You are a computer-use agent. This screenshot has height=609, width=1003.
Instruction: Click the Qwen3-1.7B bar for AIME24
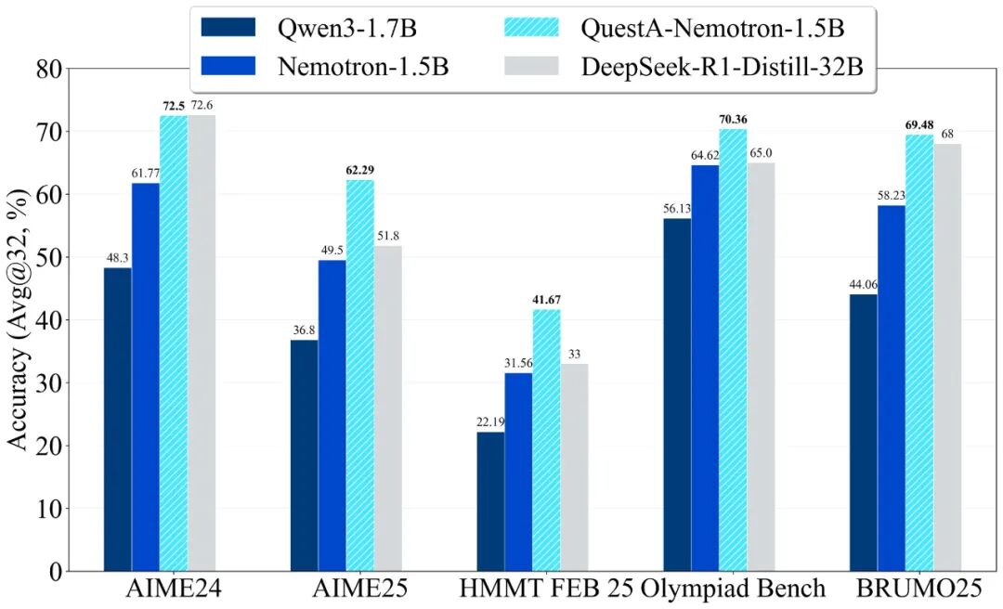(118, 419)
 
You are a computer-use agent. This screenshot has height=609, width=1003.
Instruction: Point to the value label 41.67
(546, 300)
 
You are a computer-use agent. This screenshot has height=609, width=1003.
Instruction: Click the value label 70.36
(733, 119)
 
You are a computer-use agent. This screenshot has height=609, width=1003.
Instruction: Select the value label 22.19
(490, 422)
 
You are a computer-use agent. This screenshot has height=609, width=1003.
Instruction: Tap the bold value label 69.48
(919, 124)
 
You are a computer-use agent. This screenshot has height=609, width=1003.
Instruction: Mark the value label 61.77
(146, 174)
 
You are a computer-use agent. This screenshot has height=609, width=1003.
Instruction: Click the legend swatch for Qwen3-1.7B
(228, 28)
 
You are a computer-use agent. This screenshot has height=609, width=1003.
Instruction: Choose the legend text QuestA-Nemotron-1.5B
(713, 28)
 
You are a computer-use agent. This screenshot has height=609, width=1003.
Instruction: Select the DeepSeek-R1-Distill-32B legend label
(725, 66)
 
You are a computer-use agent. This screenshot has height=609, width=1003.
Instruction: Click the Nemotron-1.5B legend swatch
(228, 66)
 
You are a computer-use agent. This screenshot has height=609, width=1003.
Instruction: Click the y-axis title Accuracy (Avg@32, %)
(19, 320)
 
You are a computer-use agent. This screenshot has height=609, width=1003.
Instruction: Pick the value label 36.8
(304, 330)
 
